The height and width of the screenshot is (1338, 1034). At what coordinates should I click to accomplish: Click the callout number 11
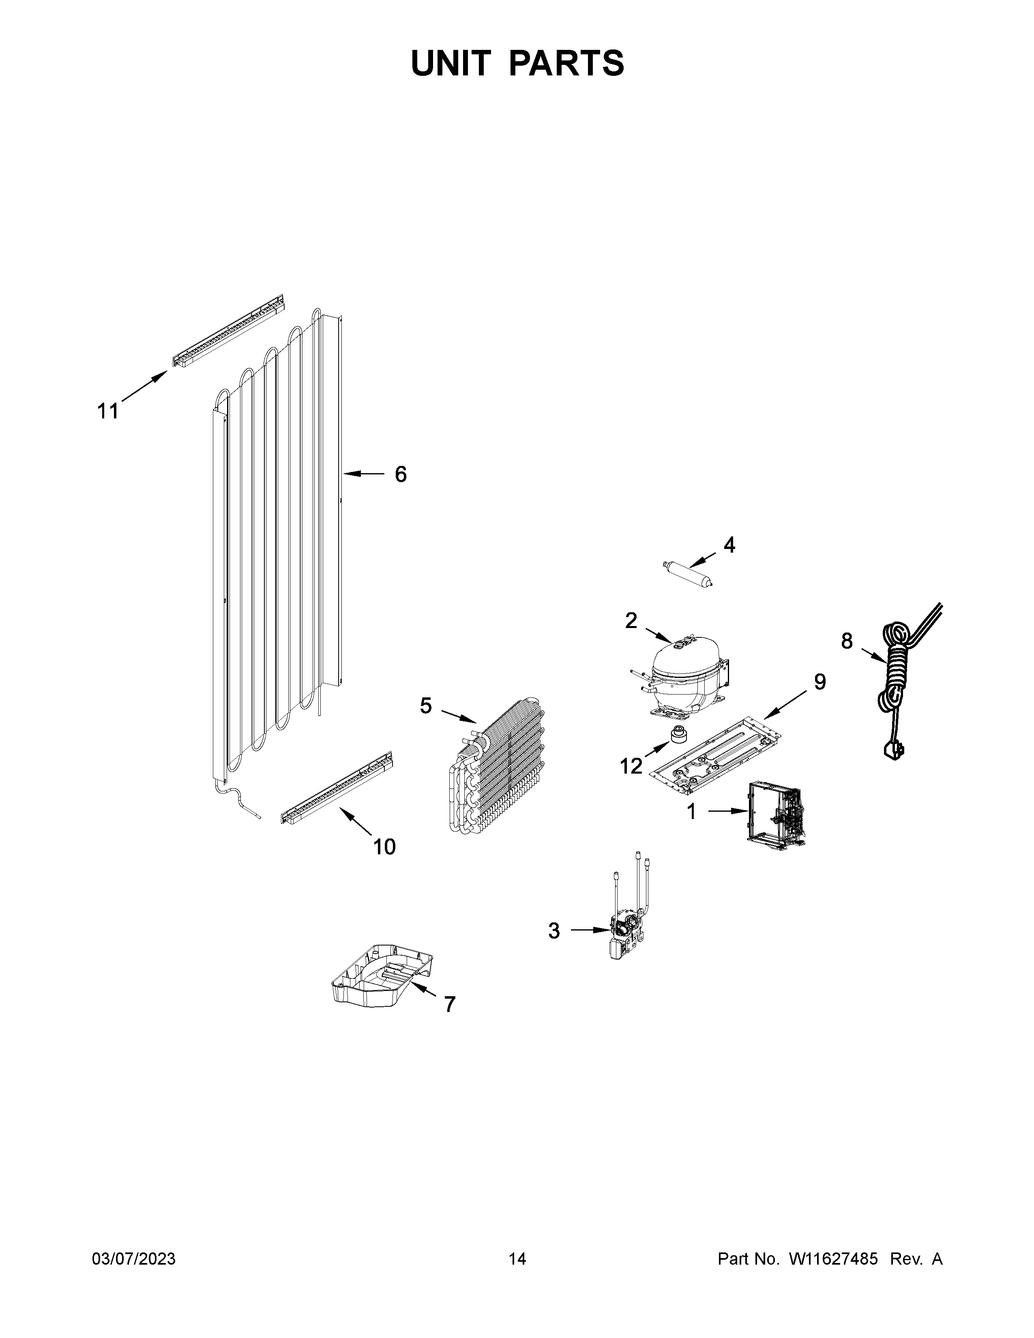tap(108, 411)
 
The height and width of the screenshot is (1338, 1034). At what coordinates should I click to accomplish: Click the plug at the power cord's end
tap(894, 751)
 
